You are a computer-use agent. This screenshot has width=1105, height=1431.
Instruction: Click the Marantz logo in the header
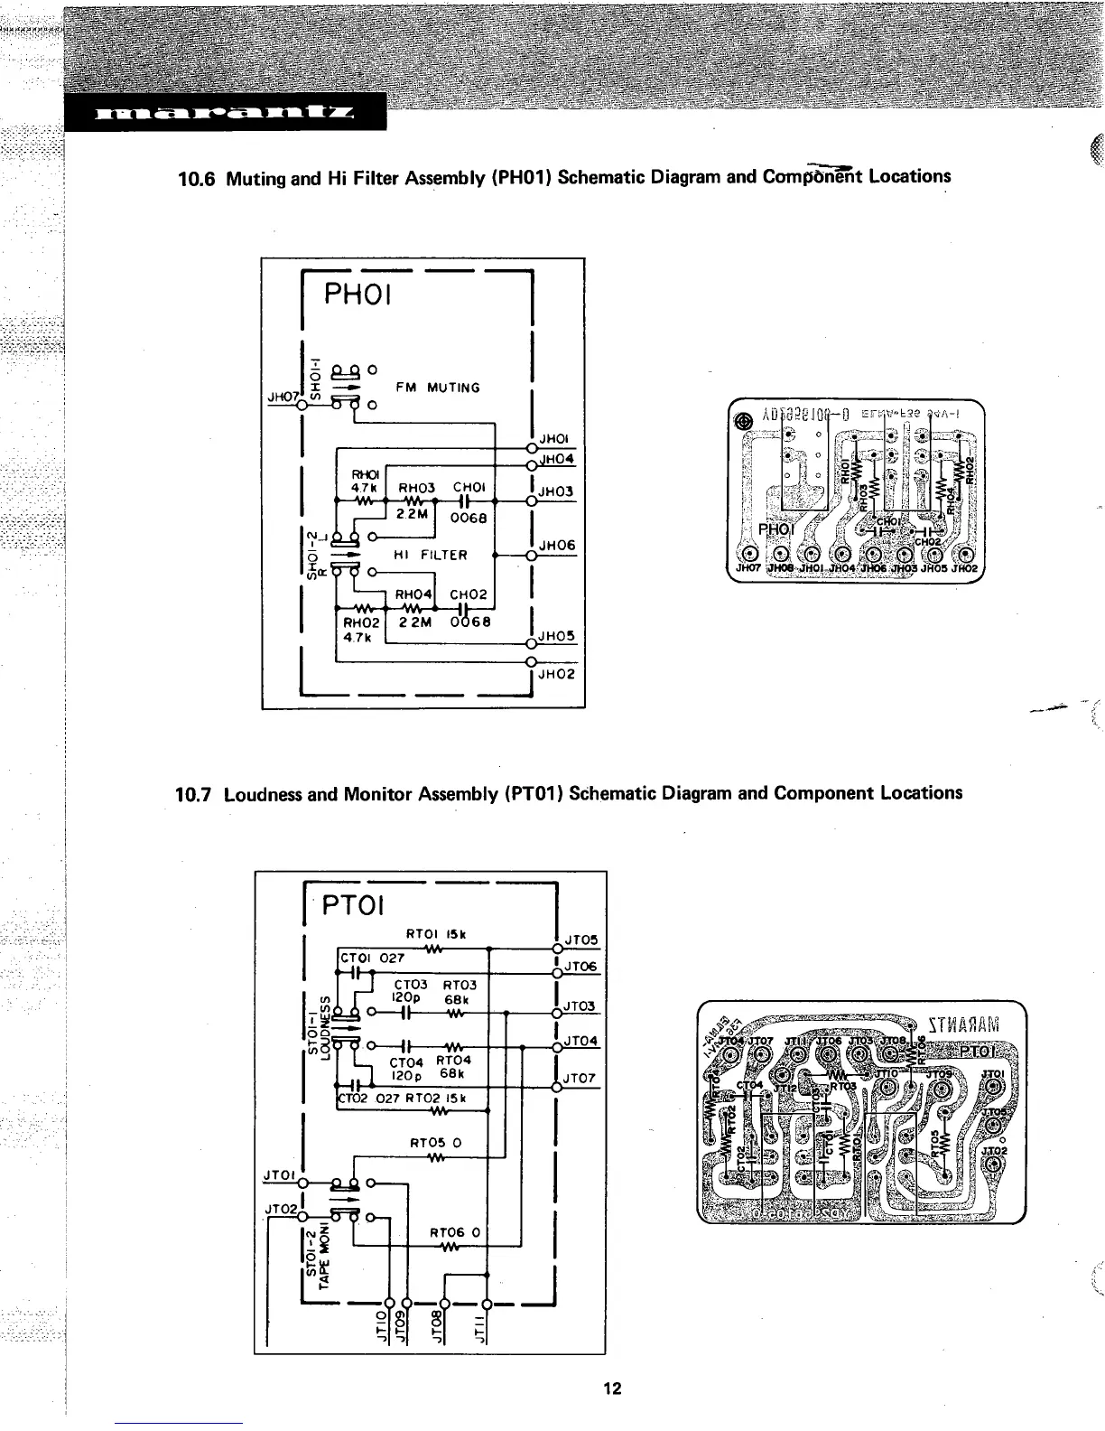(x=224, y=114)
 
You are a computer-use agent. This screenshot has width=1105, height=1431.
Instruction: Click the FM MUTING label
(x=438, y=388)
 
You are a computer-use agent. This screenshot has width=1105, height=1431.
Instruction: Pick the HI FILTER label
(x=431, y=555)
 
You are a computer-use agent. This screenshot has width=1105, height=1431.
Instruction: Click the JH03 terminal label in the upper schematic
(x=557, y=491)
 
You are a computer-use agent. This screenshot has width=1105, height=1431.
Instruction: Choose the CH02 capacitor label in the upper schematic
(x=469, y=594)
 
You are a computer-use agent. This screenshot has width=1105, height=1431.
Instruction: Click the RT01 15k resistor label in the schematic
(x=436, y=935)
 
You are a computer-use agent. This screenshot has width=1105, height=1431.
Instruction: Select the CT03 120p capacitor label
(x=411, y=992)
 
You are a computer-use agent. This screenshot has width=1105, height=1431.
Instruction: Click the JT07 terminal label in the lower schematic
(x=579, y=1078)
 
